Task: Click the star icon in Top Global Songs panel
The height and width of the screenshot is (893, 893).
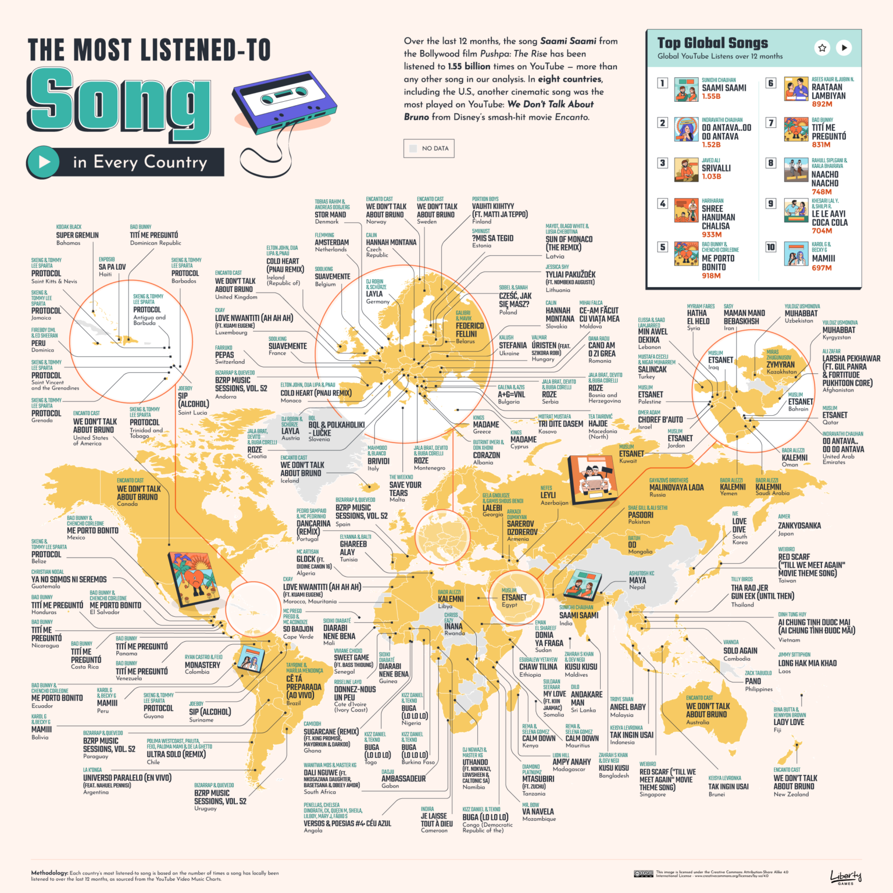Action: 822,48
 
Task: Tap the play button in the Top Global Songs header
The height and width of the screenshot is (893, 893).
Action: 844,48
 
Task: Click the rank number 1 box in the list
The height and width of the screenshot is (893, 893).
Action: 662,83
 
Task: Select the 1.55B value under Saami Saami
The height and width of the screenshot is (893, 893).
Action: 711,97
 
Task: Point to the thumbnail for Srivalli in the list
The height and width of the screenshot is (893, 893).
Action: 686,170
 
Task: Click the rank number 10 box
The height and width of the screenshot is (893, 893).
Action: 770,247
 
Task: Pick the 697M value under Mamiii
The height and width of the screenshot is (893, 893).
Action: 821,268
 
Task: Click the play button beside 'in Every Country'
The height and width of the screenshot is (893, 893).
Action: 44,162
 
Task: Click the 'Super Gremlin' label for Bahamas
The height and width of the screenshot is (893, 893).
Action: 77,235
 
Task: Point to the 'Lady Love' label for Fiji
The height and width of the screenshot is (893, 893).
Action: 788,722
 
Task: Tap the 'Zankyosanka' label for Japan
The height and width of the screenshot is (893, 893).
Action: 799,526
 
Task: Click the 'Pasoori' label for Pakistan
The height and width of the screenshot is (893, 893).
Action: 641,515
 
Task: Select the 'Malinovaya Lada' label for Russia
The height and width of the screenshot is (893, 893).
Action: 676,488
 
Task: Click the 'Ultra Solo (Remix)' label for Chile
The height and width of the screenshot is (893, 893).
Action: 176,754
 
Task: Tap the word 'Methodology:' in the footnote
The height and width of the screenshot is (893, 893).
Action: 49,873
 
